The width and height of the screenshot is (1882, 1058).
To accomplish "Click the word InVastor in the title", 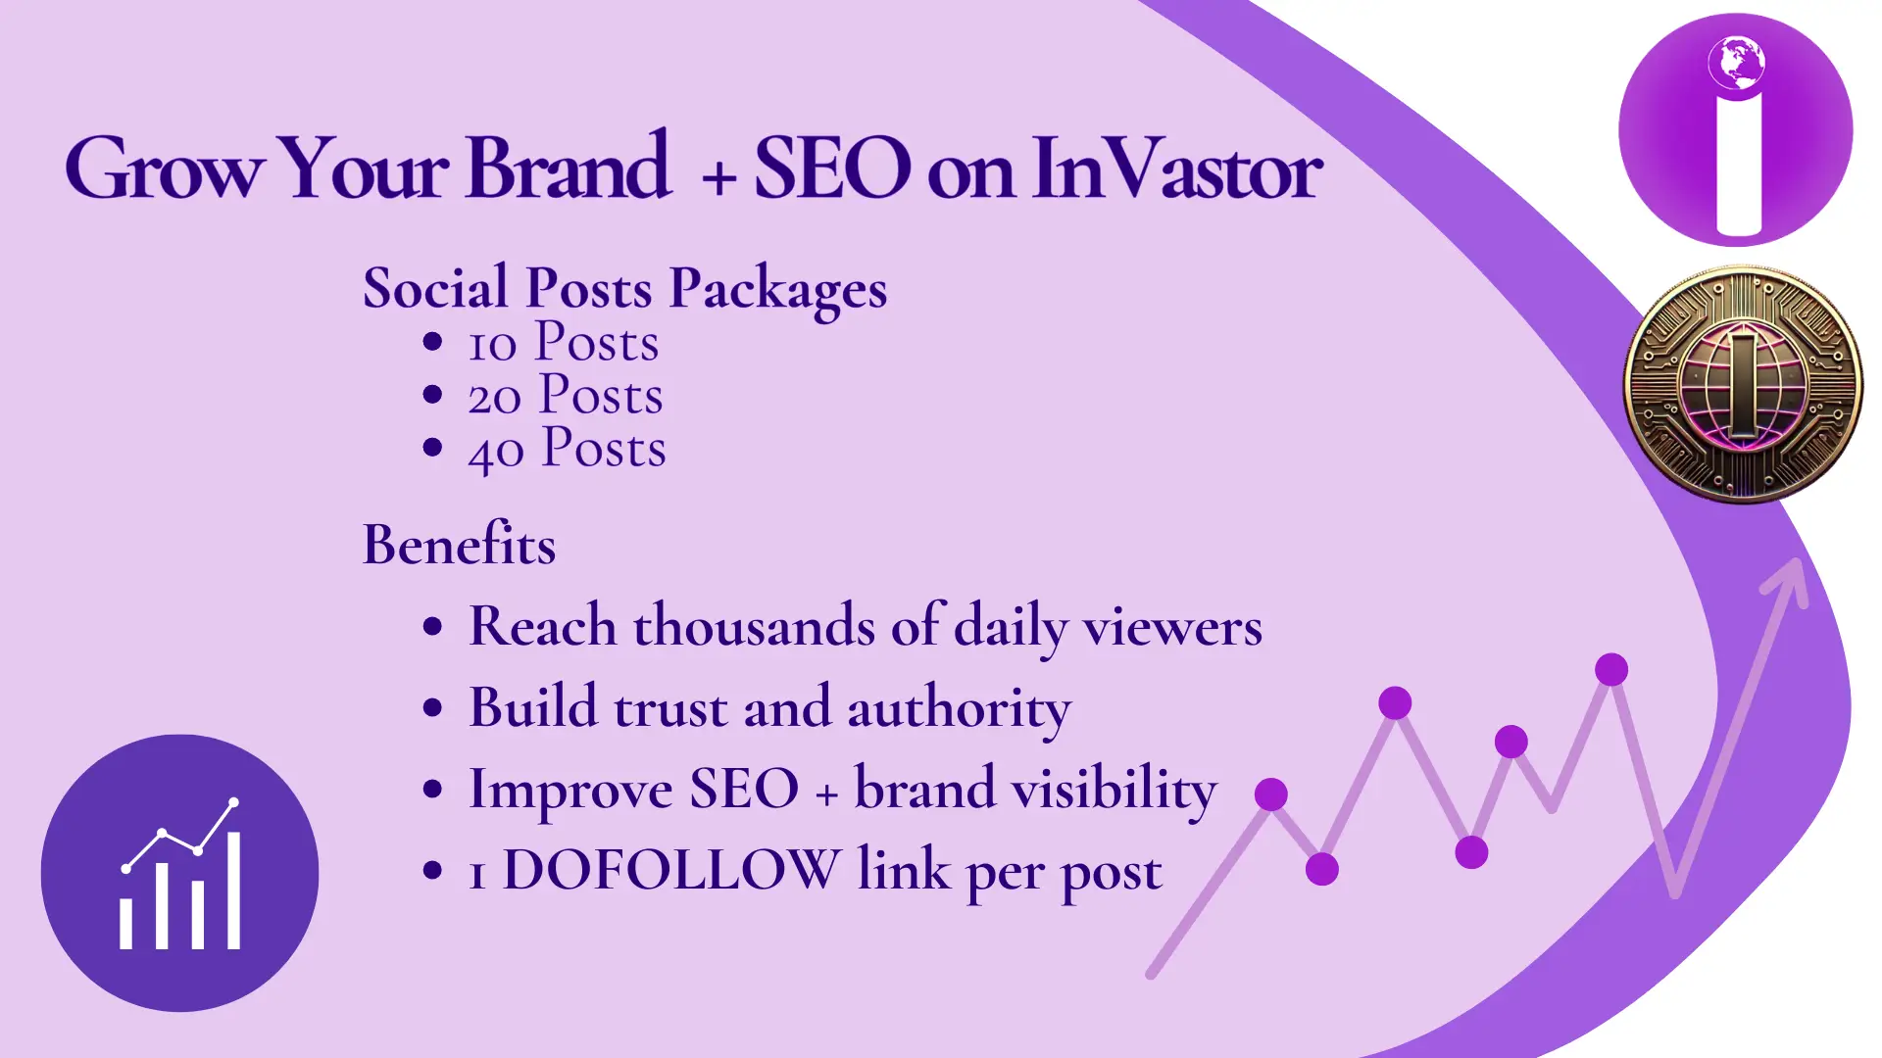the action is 1176,168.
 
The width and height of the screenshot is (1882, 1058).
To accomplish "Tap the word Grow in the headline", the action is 165,168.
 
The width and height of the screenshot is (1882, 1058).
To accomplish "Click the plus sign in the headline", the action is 719,177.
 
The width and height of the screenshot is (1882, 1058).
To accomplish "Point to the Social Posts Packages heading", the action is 624,288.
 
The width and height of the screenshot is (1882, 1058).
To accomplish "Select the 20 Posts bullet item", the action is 566,396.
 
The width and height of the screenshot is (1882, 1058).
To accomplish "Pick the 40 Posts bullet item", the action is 567,449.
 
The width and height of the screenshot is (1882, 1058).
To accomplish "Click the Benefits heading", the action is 459,545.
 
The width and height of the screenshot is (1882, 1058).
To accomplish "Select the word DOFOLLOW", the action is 671,869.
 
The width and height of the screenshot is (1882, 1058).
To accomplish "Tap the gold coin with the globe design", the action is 1743,384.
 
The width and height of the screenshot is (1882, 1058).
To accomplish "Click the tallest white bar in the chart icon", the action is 233,890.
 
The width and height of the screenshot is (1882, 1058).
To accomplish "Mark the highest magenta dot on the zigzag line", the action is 1611,670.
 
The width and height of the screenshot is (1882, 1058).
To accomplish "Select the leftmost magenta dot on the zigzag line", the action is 1271,794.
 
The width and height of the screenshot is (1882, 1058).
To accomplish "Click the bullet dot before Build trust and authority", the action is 432,708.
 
